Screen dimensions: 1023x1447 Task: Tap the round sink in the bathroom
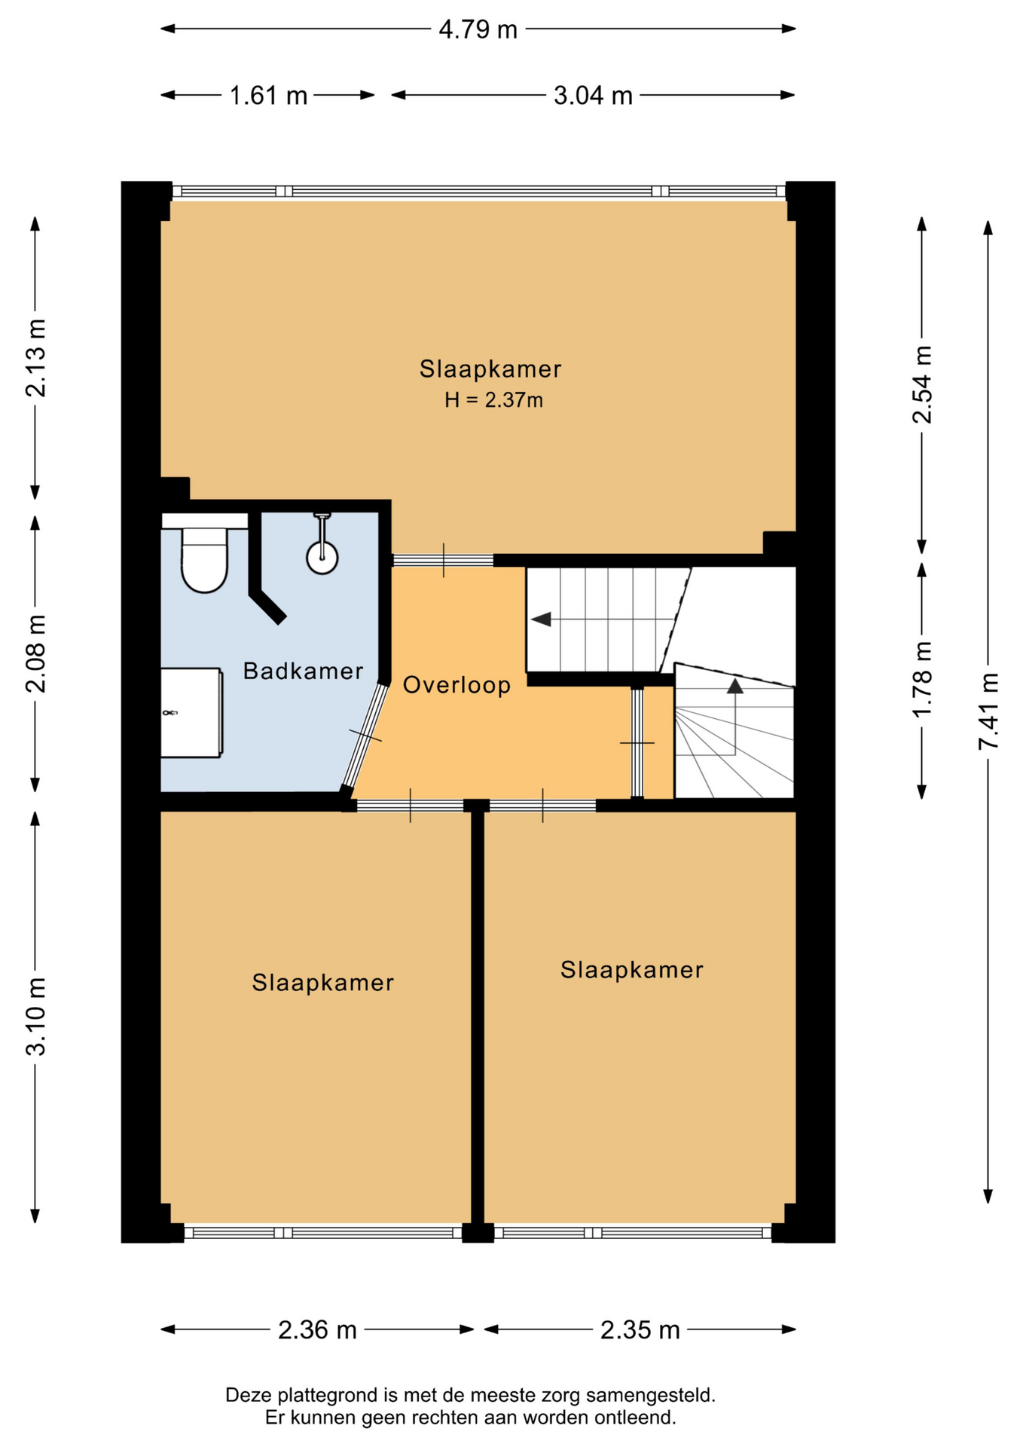click(x=322, y=556)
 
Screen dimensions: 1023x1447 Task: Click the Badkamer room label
click(x=303, y=671)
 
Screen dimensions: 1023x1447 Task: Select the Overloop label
click(x=457, y=685)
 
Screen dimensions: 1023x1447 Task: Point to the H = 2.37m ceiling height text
click(x=493, y=400)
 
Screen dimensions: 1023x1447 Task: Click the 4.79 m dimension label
click(x=478, y=29)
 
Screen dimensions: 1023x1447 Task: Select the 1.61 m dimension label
click(x=268, y=96)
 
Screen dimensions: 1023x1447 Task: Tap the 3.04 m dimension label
click(x=593, y=96)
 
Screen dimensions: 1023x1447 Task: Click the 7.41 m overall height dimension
click(x=988, y=711)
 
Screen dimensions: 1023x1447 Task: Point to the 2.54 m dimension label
click(x=922, y=384)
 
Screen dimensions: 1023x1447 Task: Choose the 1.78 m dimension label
click(x=922, y=680)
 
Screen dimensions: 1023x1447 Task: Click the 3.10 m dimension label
click(x=35, y=1017)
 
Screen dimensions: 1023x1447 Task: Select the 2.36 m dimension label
click(x=317, y=1330)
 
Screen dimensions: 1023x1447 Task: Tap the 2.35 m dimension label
click(x=640, y=1330)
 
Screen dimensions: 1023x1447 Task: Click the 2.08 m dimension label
click(x=35, y=653)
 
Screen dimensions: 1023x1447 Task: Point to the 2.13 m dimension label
click(x=35, y=358)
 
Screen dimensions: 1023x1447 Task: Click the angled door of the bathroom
click(x=365, y=736)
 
